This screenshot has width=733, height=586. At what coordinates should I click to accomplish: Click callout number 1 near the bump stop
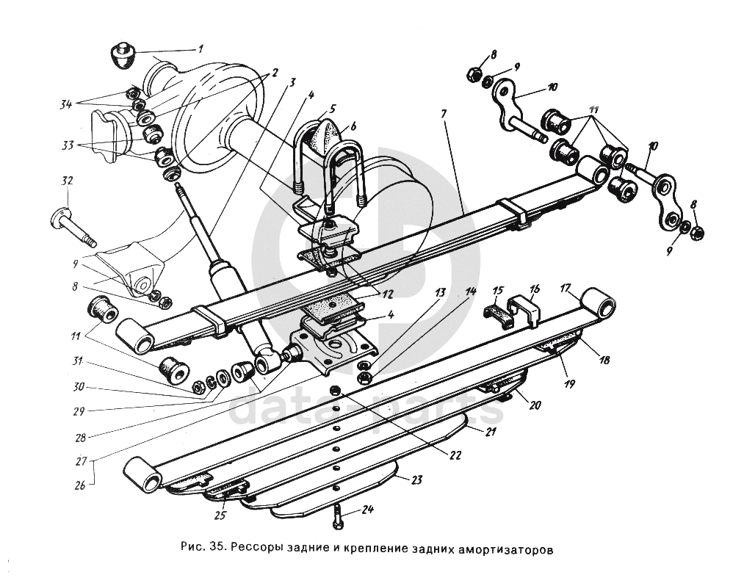pyautogui.click(x=200, y=49)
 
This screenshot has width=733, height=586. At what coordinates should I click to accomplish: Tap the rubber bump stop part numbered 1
pyautogui.click(x=123, y=56)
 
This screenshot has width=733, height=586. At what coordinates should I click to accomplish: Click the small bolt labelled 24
pyautogui.click(x=337, y=515)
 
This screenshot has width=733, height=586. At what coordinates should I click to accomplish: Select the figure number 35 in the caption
pyautogui.click(x=217, y=548)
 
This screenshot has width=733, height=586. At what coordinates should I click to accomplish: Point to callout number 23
pyautogui.click(x=416, y=481)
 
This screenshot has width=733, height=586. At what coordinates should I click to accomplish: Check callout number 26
pyautogui.click(x=79, y=485)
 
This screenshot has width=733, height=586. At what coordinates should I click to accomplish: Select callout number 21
pyautogui.click(x=491, y=433)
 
